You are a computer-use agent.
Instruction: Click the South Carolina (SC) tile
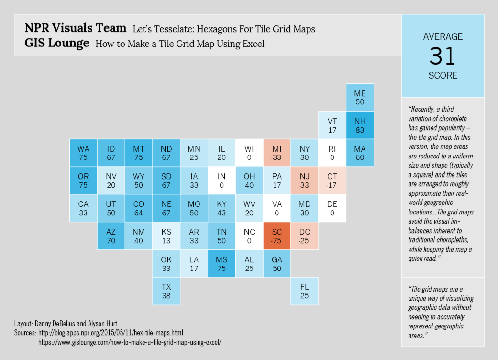point(277,236)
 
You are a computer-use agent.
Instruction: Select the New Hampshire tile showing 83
point(360,125)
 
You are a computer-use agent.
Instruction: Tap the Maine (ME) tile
point(360,98)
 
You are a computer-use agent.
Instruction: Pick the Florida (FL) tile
point(305,291)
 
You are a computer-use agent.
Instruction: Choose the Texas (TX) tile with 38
point(166,291)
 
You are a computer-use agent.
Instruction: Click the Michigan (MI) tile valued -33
point(277,153)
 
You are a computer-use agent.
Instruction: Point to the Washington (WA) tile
point(83,153)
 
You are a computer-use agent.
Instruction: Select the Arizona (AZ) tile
point(111,236)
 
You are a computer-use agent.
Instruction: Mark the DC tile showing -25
point(305,236)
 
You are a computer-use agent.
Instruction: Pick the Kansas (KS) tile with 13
point(166,236)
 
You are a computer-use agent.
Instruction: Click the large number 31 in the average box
point(443,56)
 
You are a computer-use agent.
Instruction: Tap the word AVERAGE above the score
point(443,37)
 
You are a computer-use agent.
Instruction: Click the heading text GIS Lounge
point(57,43)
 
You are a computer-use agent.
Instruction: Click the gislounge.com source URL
point(130,342)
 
